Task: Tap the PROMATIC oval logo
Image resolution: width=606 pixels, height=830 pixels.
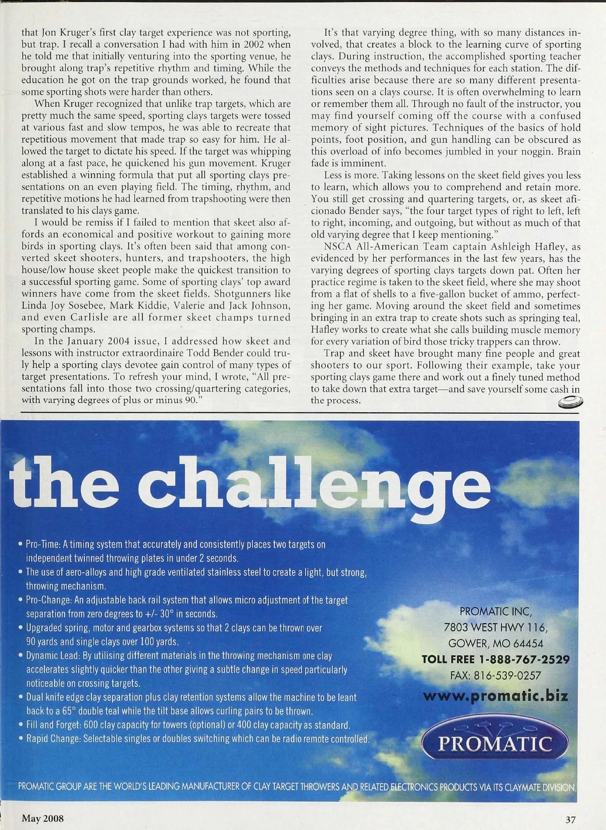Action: [495, 744]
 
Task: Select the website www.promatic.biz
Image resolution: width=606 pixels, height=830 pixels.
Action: [495, 696]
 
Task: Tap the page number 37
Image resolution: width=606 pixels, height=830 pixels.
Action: [571, 820]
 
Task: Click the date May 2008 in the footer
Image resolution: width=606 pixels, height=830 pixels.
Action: [42, 818]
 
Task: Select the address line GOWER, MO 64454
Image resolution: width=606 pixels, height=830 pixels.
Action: [495, 643]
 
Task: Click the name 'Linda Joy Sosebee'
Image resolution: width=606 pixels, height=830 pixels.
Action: [63, 306]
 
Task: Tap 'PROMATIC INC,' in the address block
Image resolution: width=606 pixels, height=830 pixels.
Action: [495, 612]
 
